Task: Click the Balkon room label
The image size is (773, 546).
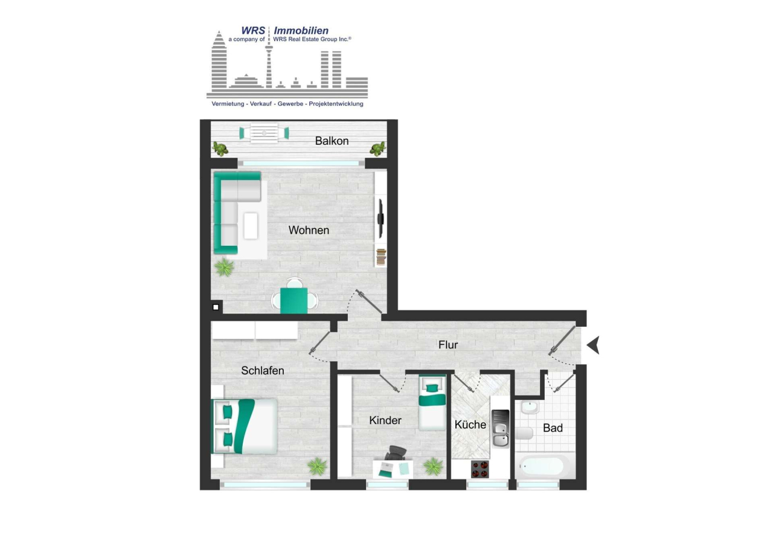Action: point(332,141)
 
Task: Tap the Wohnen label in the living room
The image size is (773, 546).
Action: point(309,230)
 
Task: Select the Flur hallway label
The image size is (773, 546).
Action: point(448,345)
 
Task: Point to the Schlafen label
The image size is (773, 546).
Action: point(262,371)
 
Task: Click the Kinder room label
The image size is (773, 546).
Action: point(385,420)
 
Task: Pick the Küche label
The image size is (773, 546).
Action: point(470,425)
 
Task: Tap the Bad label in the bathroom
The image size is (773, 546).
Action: point(553,428)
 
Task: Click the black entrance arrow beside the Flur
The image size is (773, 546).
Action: point(594,345)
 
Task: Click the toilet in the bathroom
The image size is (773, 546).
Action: point(524,434)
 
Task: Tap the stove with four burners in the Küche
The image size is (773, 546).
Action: point(480,469)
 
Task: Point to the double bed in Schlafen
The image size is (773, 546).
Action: point(244,426)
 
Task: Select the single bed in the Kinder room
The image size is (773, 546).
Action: point(432,402)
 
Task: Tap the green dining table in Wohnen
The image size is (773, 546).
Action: point(294,300)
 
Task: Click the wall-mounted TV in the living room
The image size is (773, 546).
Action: point(380,217)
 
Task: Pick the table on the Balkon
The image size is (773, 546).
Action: point(264,133)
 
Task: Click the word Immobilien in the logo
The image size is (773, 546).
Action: point(301,30)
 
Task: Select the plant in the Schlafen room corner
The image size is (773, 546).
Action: point(317,466)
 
